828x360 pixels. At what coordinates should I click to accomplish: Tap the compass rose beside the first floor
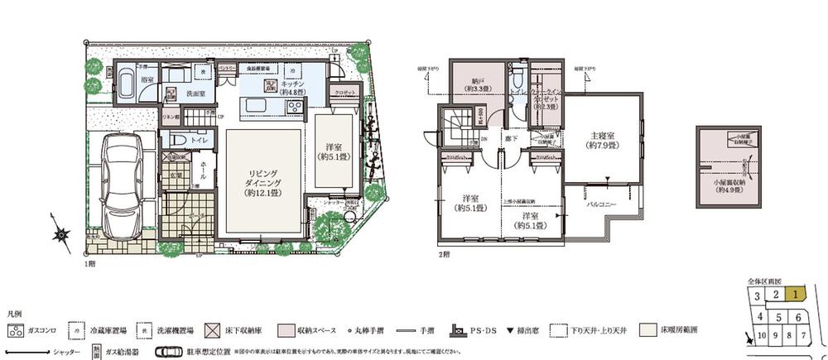coord(61,236)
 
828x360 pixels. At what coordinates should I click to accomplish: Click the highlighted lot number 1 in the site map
coord(793,293)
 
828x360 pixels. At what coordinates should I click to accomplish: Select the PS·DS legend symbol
coord(457,329)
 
